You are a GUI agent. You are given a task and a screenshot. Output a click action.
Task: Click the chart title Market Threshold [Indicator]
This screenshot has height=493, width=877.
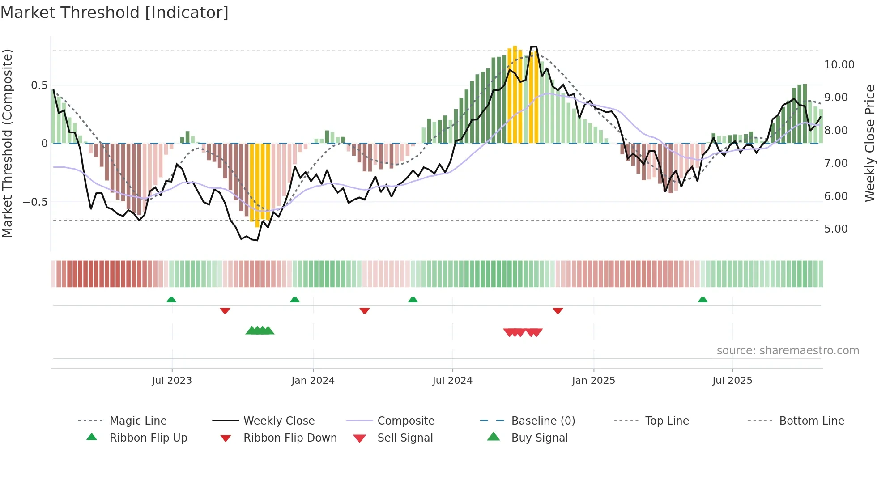click(115, 13)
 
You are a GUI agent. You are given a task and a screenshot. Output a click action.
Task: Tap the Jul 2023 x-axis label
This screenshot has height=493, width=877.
click(172, 381)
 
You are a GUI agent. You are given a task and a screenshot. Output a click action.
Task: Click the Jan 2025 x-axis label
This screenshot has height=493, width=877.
click(593, 381)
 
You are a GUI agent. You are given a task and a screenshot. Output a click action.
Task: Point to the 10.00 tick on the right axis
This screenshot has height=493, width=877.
click(839, 65)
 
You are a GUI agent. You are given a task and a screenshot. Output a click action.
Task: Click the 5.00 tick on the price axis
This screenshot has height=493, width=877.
click(836, 229)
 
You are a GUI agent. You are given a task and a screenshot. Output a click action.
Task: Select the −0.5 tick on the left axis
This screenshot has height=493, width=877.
click(35, 202)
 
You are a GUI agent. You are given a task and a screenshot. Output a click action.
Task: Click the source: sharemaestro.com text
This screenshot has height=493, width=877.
click(788, 351)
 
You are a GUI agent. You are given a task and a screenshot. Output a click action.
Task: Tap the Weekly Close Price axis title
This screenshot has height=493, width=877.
click(869, 143)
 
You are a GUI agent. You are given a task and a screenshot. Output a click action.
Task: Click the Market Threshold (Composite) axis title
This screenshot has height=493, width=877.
click(7, 143)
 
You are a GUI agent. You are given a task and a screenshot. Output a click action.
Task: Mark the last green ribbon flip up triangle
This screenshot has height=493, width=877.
click(702, 300)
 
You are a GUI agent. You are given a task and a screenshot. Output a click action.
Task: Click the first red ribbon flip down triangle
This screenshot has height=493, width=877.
click(225, 310)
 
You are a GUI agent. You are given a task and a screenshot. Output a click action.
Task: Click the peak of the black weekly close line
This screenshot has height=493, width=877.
click(533, 47)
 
